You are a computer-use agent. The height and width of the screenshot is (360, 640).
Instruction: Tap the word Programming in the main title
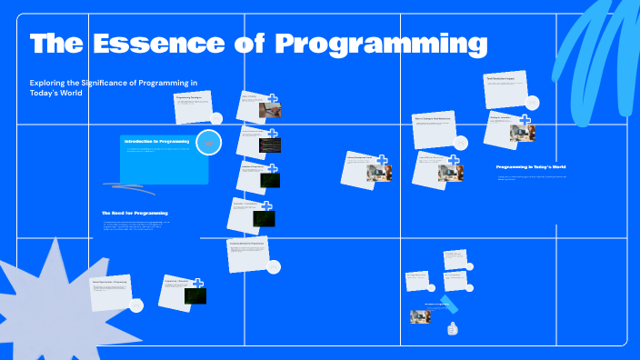(381, 44)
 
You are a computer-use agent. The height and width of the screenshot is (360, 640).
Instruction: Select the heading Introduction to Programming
(156, 142)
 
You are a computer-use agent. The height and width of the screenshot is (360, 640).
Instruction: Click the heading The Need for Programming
(135, 213)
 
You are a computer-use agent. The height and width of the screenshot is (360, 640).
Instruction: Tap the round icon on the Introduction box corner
(209, 143)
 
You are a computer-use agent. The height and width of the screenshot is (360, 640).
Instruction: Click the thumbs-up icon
(452, 328)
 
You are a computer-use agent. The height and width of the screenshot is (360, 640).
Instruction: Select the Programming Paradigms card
(193, 105)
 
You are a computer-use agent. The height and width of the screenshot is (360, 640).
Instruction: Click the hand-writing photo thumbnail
(269, 111)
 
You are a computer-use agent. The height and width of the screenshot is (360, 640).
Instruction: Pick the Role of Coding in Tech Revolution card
(435, 129)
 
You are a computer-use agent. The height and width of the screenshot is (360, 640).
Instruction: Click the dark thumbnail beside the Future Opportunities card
(195, 295)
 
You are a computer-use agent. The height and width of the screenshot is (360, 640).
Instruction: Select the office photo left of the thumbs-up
(420, 316)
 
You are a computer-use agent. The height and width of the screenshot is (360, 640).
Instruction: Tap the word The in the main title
(57, 44)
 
